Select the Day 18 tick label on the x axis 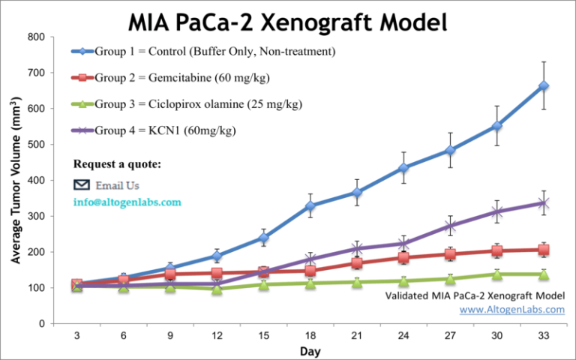pos(311,335)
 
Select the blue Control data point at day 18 pos(311,205)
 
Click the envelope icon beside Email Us pos(81,185)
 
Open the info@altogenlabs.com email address pos(127,202)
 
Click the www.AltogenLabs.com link pos(511,309)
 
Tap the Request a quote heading pos(116,164)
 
